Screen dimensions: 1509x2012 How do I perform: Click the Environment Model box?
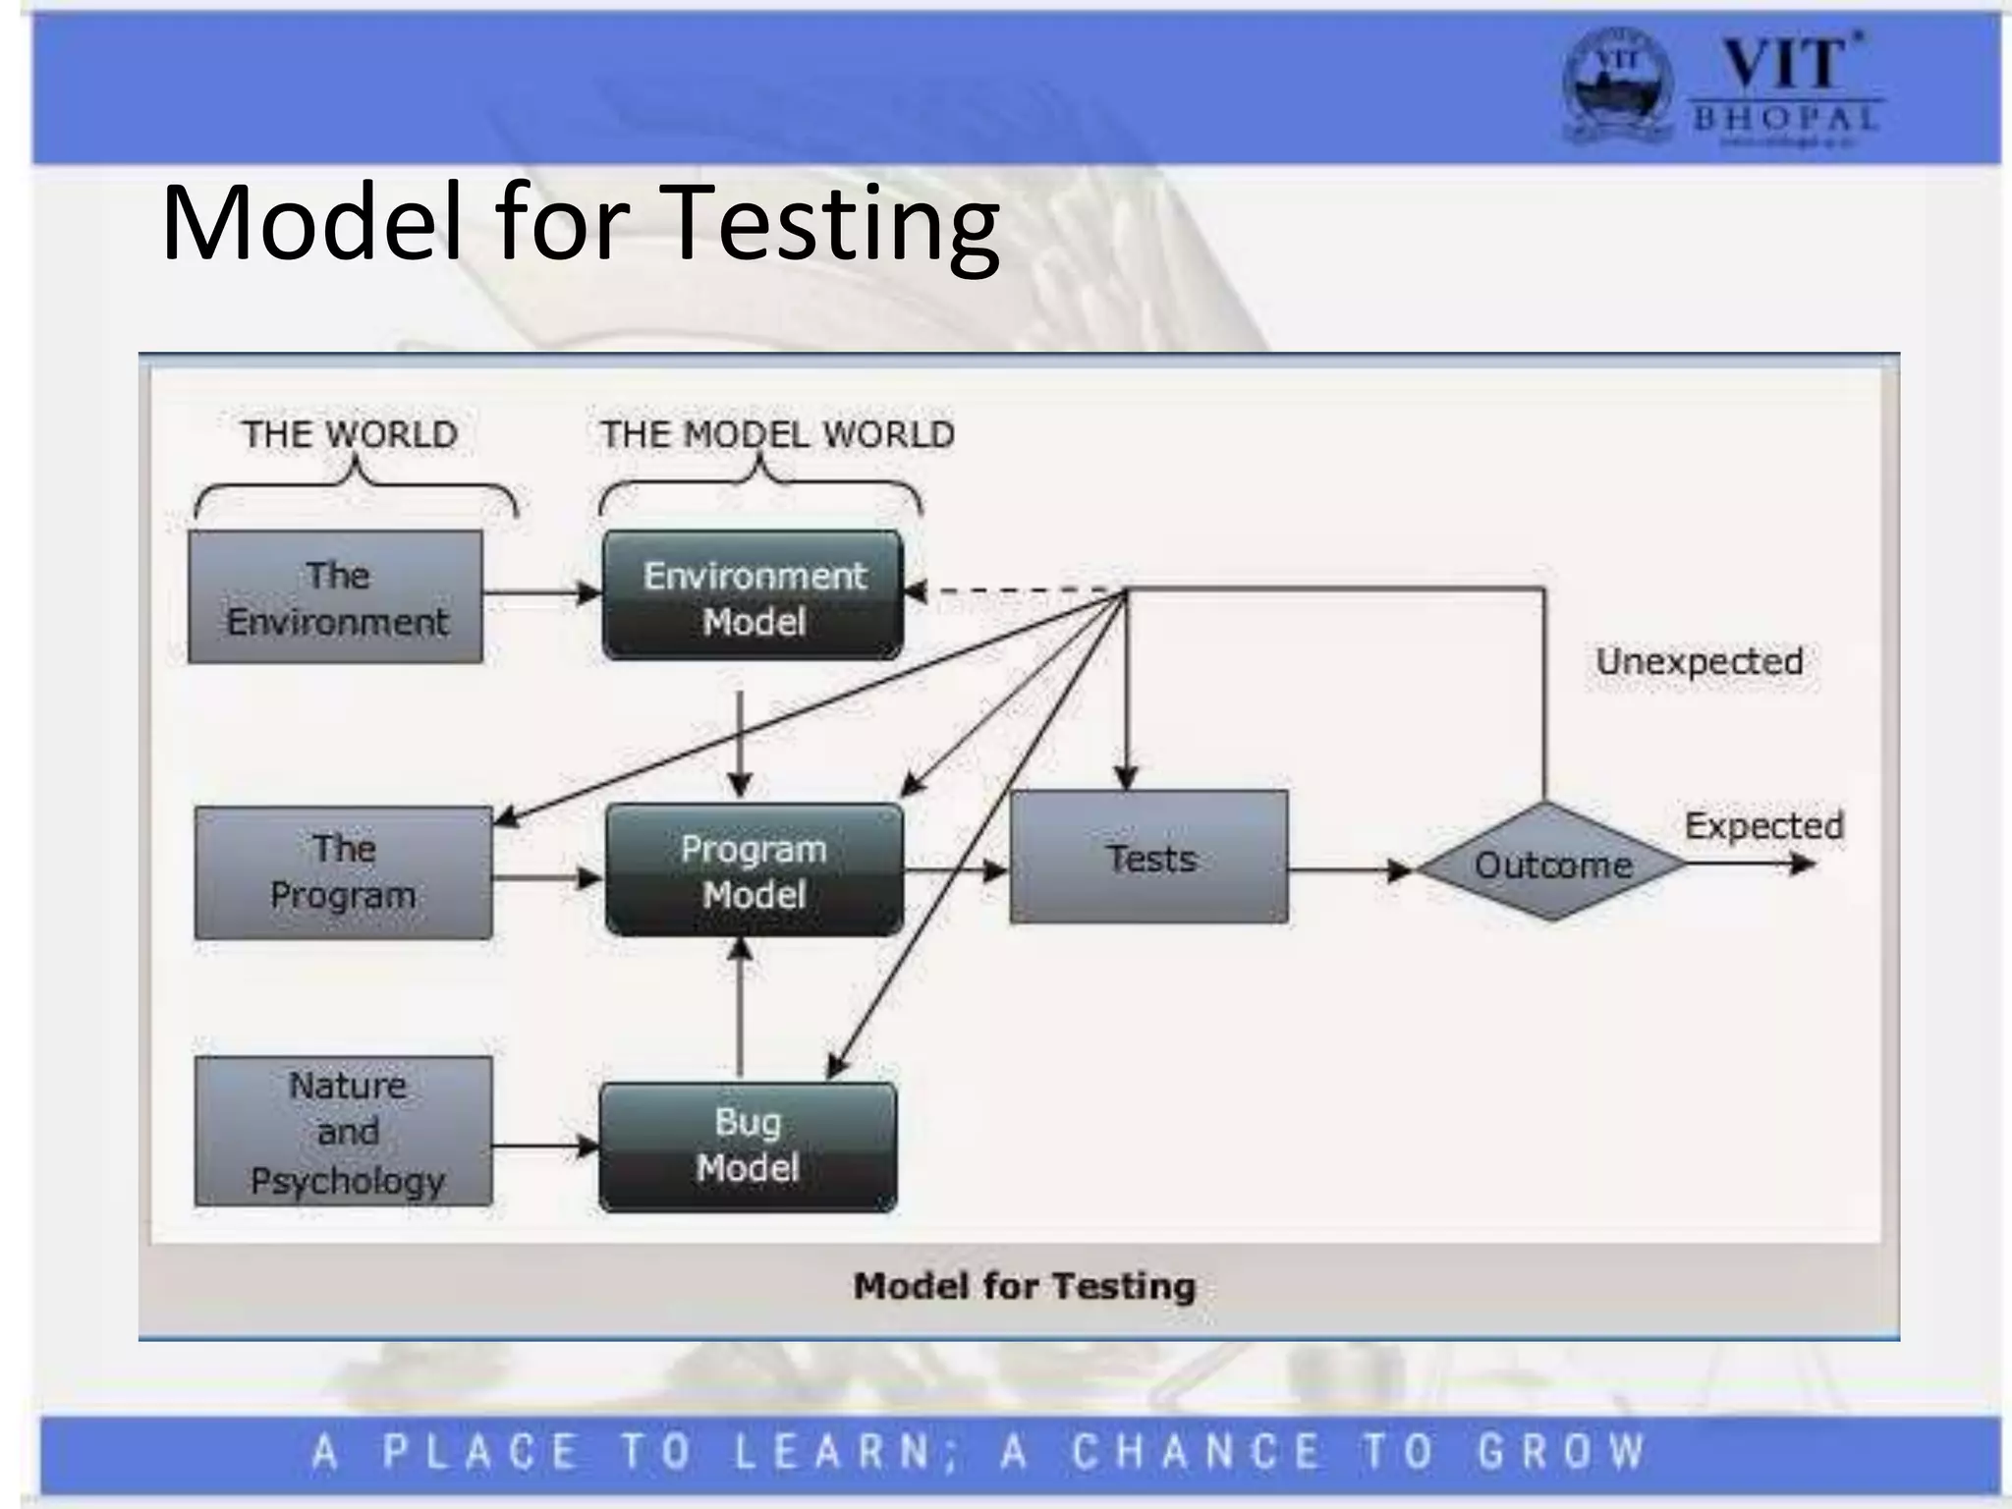pos(753,596)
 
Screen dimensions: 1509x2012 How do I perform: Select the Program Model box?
pos(754,870)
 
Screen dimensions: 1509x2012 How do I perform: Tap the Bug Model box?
pos(748,1146)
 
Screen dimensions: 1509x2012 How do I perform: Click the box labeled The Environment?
pos(336,597)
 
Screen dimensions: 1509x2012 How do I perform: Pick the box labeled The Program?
pos(343,872)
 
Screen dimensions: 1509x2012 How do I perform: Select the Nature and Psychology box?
pos(344,1132)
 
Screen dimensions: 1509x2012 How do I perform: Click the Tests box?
pos(1149,858)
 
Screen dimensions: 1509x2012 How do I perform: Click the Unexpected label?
pos(1700,661)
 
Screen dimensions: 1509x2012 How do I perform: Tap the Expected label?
pos(1763,825)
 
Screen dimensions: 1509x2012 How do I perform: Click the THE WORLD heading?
pos(350,434)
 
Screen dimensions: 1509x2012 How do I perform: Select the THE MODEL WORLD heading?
pos(776,434)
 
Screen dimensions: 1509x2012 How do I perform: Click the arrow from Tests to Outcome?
pos(1351,869)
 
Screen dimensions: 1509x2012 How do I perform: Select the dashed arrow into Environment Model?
pos(1012,591)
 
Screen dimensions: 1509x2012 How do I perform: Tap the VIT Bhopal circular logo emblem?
pos(1617,87)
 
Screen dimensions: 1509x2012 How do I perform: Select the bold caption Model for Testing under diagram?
pos(1025,1286)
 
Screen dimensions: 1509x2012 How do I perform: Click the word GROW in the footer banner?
pos(1562,1451)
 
